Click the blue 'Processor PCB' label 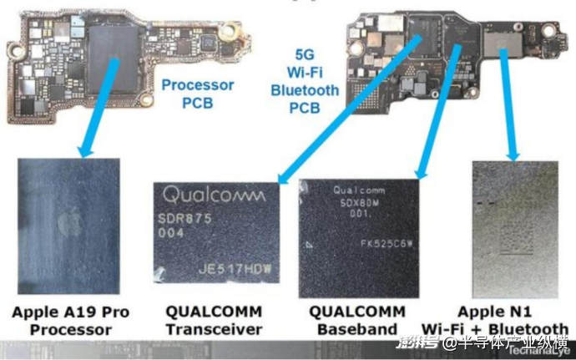198,93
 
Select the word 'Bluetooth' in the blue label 305,90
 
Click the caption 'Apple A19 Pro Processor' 71,321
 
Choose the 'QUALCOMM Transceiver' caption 214,321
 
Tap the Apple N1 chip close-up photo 511,226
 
